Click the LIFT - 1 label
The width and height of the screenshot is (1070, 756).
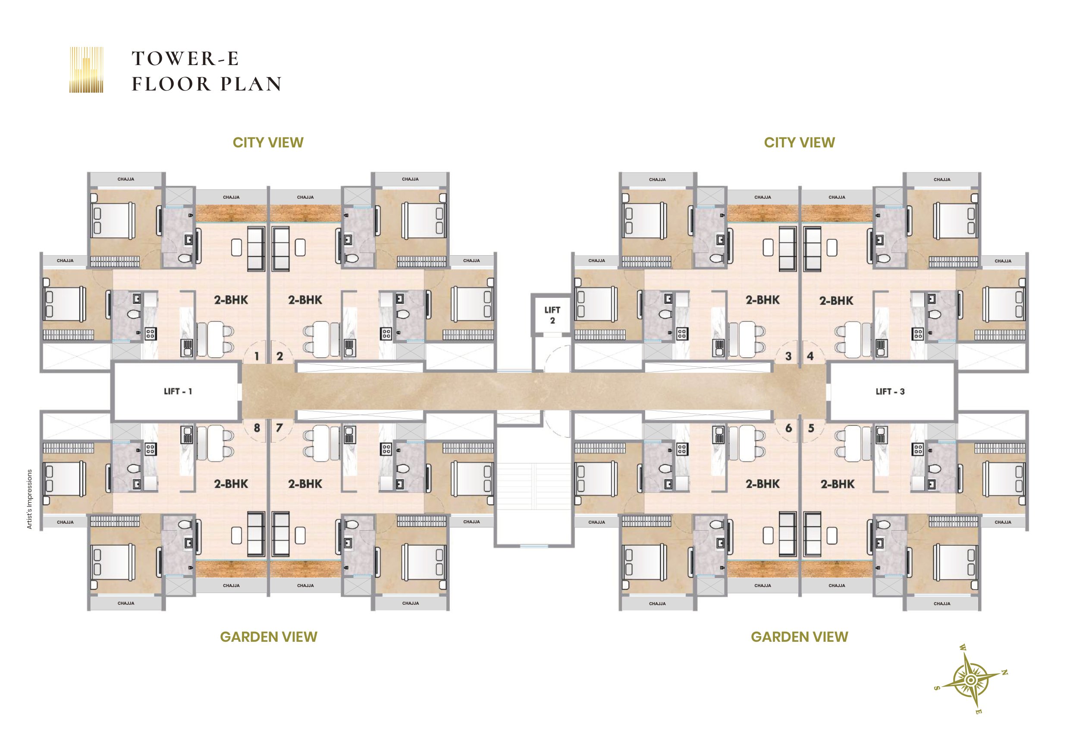(x=178, y=392)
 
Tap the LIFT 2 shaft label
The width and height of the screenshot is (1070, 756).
(x=552, y=315)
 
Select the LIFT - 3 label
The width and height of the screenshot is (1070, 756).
(x=890, y=392)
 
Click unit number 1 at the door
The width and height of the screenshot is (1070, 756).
(x=257, y=356)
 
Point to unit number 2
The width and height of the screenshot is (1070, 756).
(x=279, y=356)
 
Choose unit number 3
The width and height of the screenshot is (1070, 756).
(x=788, y=356)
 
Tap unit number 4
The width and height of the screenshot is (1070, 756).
(x=810, y=356)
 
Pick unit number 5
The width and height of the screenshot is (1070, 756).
(x=811, y=428)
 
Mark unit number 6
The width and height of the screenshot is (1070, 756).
(x=788, y=428)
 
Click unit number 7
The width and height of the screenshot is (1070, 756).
(x=279, y=428)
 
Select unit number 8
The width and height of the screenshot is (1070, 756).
(x=257, y=428)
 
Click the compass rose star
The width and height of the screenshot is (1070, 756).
(x=970, y=681)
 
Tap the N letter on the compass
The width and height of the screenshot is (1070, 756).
(x=1005, y=673)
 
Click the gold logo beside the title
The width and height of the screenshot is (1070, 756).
(x=86, y=69)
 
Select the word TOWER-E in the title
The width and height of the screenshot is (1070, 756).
(x=185, y=59)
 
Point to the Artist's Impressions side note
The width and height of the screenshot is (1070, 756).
(x=29, y=499)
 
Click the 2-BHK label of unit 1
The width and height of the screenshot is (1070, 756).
(x=231, y=300)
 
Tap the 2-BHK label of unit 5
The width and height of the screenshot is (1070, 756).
(x=838, y=484)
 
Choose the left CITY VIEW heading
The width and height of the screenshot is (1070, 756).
(x=268, y=143)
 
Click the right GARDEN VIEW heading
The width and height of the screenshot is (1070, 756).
(x=799, y=637)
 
